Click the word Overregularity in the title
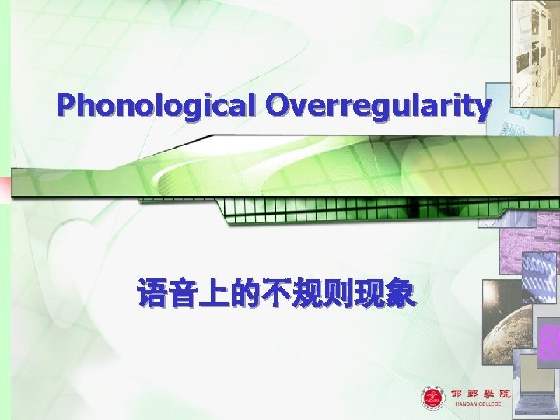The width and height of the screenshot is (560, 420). (x=379, y=107)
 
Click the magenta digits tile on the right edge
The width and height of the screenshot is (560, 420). (x=548, y=342)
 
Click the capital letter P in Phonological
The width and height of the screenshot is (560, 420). (x=66, y=105)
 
